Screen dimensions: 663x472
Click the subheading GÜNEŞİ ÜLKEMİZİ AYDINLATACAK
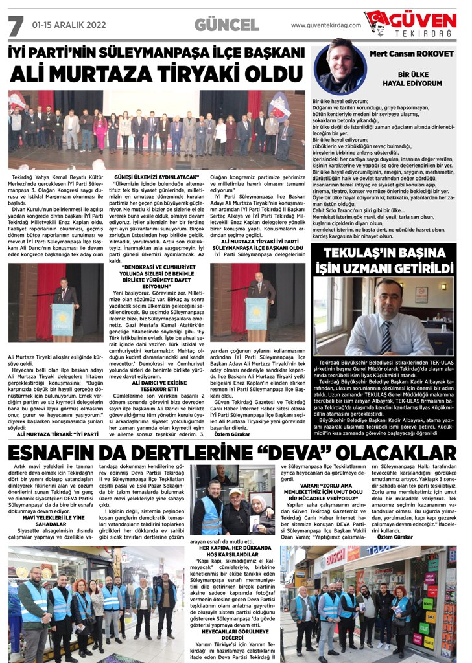156,176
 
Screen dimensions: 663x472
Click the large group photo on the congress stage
157,129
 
